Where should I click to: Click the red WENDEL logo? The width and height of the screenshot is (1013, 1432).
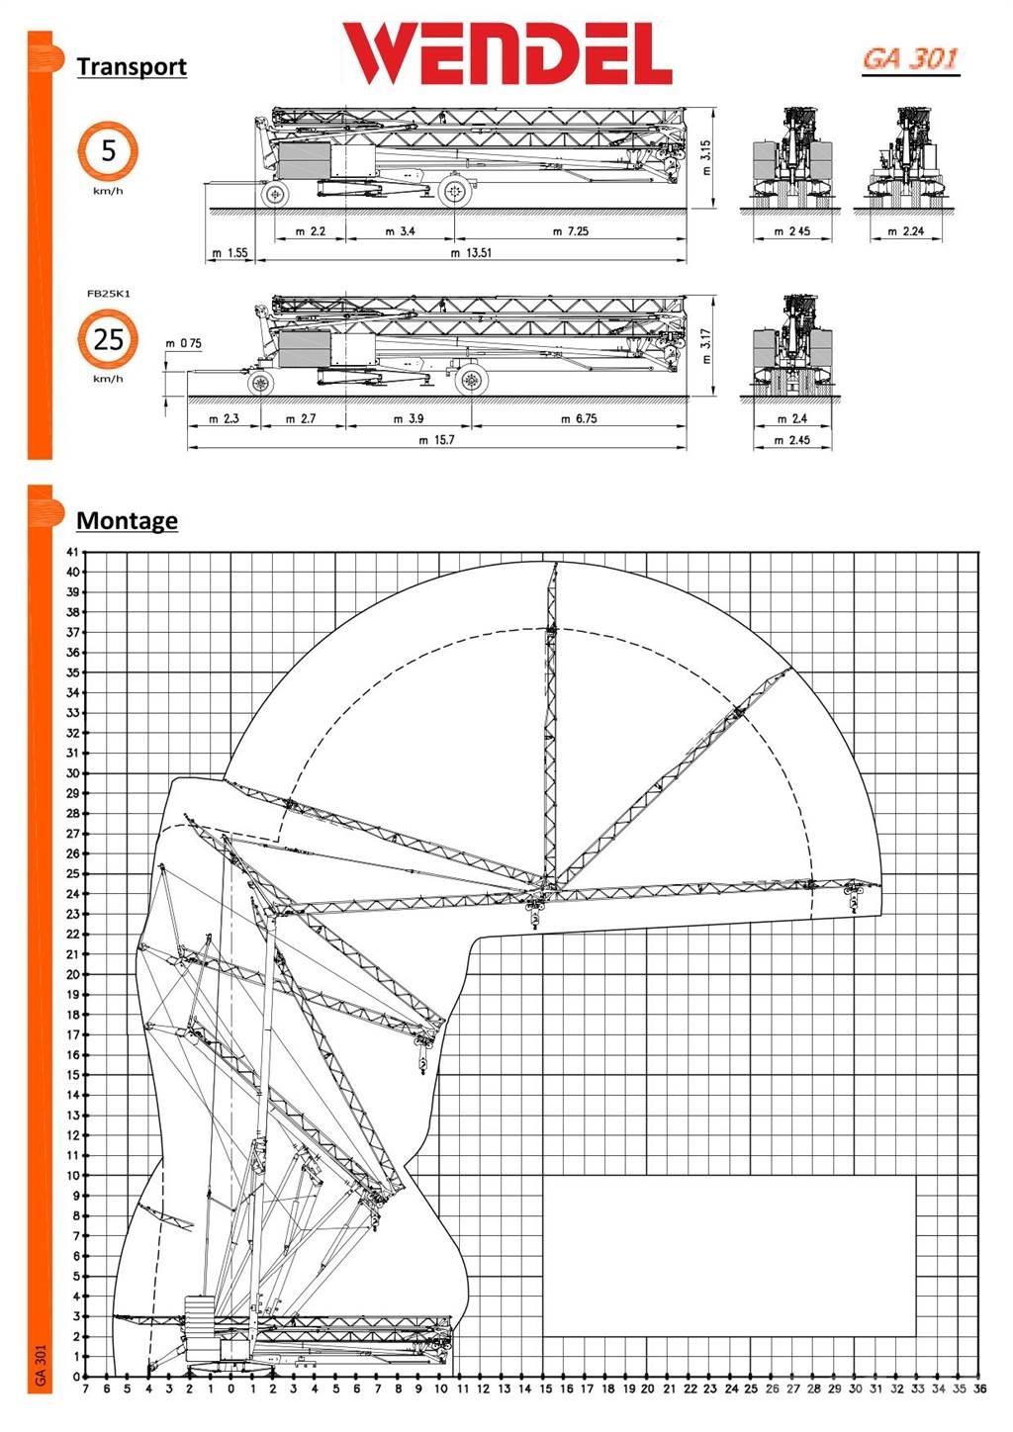tap(507, 54)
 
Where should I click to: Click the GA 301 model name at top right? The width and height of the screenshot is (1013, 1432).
tap(910, 59)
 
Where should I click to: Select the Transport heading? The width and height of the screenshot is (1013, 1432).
tap(132, 67)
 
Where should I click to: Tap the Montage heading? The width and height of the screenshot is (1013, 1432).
tap(127, 520)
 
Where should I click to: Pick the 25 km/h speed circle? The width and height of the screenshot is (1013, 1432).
tap(108, 339)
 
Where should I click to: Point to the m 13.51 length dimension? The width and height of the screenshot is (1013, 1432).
tap(471, 253)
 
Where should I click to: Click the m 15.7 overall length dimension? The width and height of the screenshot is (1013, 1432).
tap(435, 441)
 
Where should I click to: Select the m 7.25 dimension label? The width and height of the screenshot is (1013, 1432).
tap(570, 231)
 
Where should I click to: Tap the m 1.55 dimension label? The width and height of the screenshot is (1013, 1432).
tap(230, 253)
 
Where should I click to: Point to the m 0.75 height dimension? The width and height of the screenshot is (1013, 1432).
tap(184, 344)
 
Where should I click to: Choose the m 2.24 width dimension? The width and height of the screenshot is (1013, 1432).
tap(905, 231)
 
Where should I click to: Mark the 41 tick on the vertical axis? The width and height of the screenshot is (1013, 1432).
tap(71, 552)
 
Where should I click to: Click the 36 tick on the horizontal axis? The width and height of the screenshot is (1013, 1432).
tap(979, 1389)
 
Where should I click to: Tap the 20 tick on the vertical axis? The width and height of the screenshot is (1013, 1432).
tap(71, 974)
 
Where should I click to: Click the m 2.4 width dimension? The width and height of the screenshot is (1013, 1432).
tap(792, 419)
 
